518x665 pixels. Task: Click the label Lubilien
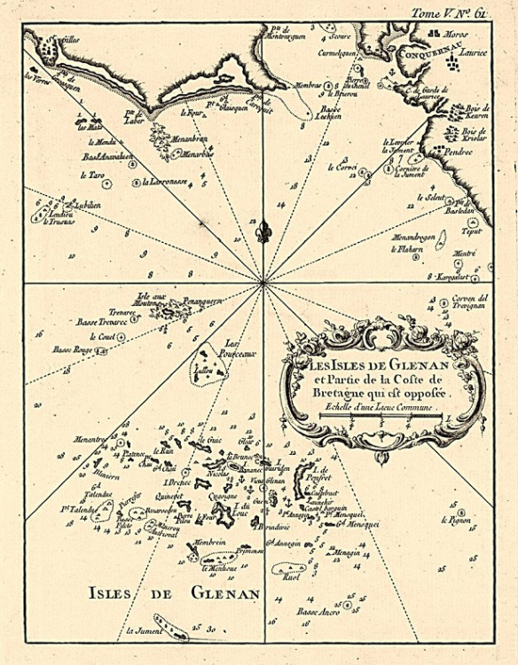click(x=86, y=204)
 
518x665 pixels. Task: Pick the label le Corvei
click(x=341, y=167)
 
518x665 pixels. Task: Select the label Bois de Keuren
click(x=476, y=114)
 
